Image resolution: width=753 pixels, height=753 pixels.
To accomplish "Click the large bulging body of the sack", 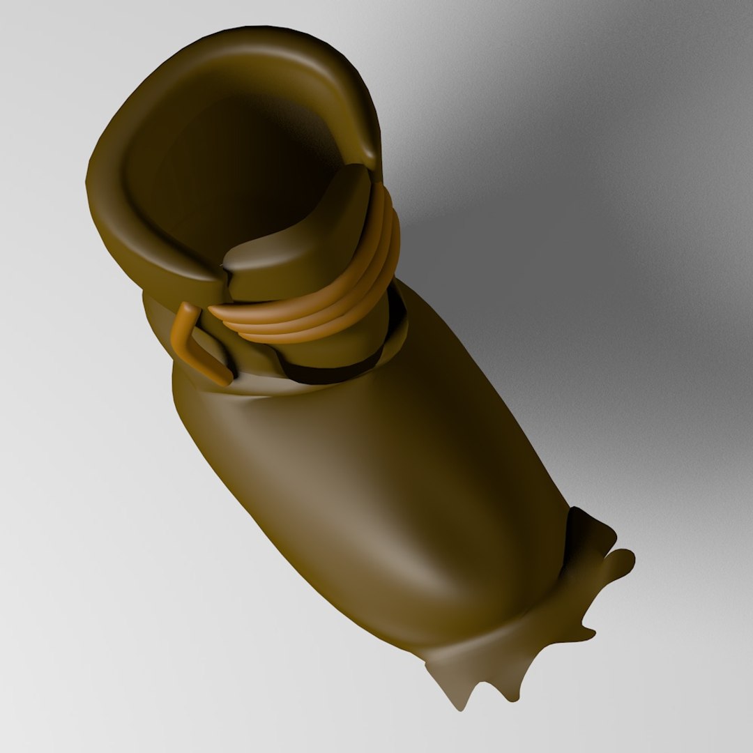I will (x=390, y=502).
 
